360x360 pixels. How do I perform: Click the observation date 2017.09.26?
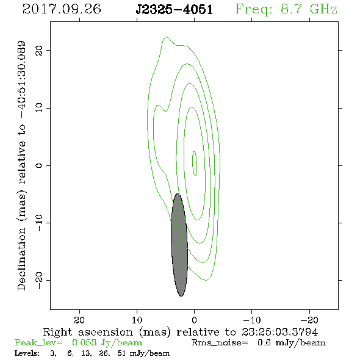62,9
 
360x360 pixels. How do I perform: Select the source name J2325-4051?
174,10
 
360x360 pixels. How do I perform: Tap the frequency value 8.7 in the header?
291,9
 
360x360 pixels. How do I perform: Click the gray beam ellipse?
179,245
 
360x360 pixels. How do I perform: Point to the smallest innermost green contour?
195,164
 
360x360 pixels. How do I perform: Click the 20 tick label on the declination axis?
39,50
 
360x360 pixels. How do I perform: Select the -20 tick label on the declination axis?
39,280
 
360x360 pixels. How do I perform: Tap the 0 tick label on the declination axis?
39,165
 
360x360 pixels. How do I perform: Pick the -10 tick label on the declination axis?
39,223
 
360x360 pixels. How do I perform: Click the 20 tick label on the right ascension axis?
79,320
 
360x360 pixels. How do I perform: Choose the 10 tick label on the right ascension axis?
137,320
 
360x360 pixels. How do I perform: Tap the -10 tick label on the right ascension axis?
252,320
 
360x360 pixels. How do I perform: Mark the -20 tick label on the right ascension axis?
309,320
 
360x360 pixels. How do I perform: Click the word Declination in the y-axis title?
21,259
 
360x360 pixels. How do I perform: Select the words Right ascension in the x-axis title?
88,332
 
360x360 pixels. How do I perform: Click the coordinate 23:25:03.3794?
279,332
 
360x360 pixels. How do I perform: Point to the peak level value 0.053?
84,342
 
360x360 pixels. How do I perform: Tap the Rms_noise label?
220,343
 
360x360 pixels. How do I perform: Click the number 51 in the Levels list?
121,353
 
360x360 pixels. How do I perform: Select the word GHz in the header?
324,9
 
